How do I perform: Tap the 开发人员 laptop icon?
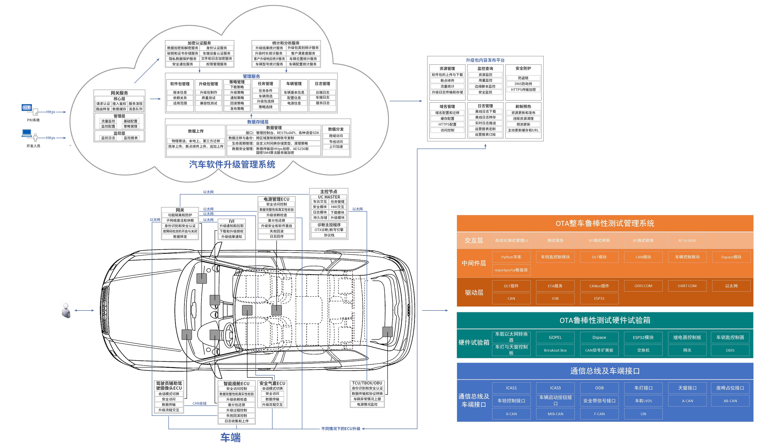tap(27, 133)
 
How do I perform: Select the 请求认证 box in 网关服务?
tap(103, 104)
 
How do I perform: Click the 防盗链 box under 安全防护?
tap(523, 78)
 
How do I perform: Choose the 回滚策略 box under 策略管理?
tap(237, 103)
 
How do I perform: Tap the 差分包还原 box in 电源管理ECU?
tap(276, 220)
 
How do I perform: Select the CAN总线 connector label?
tap(200, 403)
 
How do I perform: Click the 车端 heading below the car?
tap(230, 438)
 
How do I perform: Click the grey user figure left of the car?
tap(66, 310)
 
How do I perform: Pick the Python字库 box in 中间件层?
tap(511, 257)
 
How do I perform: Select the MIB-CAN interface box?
tap(555, 414)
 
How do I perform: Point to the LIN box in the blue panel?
tap(643, 414)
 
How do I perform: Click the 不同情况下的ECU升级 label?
tap(341, 429)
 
